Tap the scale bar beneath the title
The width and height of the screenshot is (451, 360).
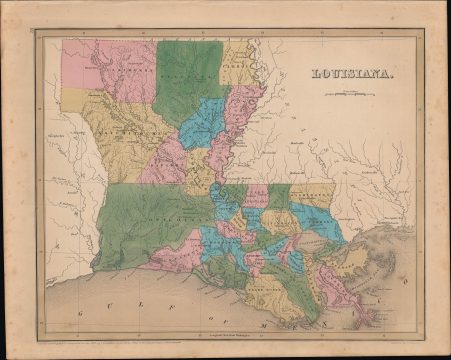point(349,93)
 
